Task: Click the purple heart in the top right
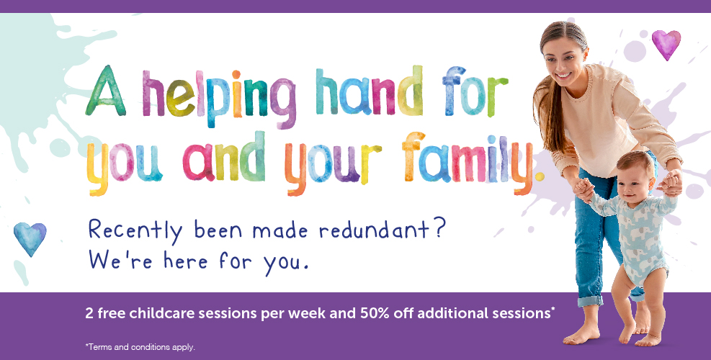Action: point(666,44)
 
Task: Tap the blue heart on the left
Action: point(30,238)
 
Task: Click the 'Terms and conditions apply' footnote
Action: point(140,347)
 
